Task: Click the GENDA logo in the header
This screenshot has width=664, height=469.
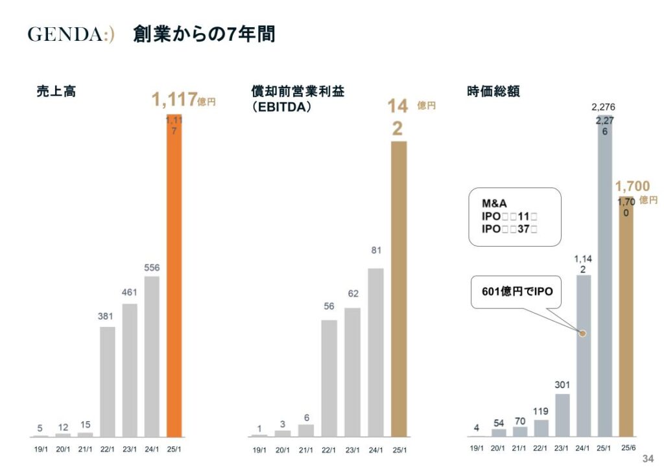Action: click(x=71, y=34)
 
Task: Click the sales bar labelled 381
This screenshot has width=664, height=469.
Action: click(x=108, y=382)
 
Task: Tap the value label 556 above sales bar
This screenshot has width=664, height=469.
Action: click(x=152, y=268)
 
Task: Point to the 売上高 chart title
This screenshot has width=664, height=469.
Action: click(x=56, y=91)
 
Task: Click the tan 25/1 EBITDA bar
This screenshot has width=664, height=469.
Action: click(x=398, y=288)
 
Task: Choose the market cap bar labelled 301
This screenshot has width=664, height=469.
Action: click(x=562, y=415)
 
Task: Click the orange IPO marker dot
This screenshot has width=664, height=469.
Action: click(x=582, y=333)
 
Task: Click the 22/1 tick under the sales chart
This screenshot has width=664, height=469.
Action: click(x=108, y=447)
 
